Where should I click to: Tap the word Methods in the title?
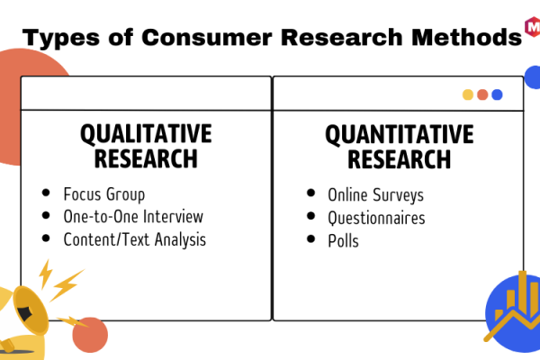(466, 37)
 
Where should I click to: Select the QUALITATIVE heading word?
(146, 134)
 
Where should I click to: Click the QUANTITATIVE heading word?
(400, 134)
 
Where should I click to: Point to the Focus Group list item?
(104, 194)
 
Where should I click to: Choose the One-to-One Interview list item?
(133, 217)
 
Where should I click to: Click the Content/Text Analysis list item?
(135, 239)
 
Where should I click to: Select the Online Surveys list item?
(375, 195)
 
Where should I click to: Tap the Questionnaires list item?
(376, 219)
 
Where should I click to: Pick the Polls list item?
(344, 241)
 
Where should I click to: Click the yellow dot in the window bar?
(468, 94)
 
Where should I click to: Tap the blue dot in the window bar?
(497, 94)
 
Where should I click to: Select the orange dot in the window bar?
(482, 94)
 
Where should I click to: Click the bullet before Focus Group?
(46, 193)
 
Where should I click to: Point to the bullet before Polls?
(310, 238)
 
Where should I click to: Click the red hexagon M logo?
(533, 26)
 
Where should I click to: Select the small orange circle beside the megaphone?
(90, 335)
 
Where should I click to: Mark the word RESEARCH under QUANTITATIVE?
(399, 159)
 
